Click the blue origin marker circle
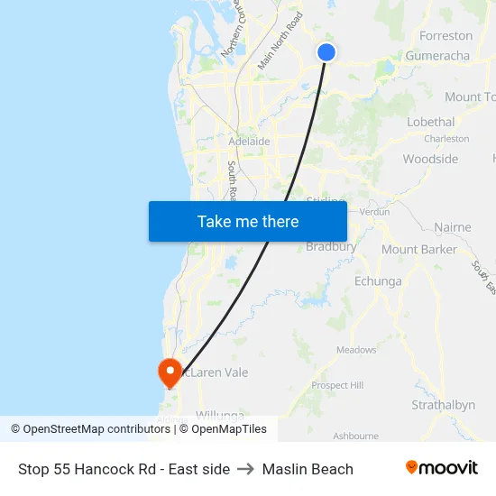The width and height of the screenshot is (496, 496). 326,52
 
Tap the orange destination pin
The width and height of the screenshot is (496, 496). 169,371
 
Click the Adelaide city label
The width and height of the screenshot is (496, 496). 250,142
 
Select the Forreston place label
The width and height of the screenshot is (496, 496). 445,36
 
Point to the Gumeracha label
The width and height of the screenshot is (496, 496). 437,56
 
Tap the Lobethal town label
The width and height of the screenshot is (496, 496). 430,122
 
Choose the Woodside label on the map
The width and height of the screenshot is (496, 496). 430,159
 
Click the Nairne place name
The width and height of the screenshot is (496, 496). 452,227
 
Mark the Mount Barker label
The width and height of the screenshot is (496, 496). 418,249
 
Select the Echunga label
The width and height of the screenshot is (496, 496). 378,281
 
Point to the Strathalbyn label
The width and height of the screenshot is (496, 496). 443,405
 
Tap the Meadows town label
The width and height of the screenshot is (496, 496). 356,350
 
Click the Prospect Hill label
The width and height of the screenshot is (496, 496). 336,385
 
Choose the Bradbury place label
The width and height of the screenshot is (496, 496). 331,246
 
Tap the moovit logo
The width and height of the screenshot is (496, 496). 442,468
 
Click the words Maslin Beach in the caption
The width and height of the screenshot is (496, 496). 308,469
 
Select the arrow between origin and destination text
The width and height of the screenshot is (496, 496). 246,469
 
